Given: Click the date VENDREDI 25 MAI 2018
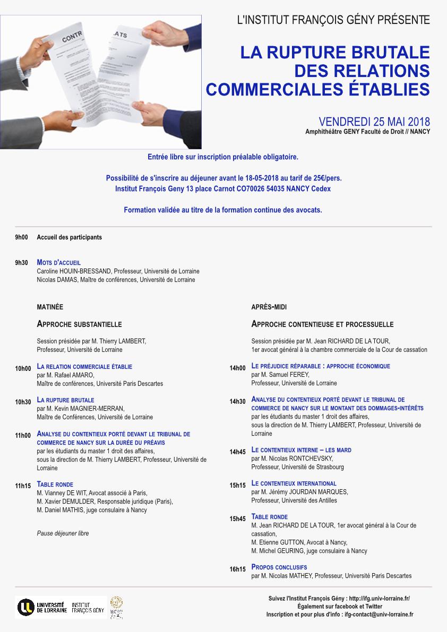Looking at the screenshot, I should pos(374,122).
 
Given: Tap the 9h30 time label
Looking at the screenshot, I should pos(21,263).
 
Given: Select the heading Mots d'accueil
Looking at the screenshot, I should pos(58,262).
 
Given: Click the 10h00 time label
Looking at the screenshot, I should pos(23,368).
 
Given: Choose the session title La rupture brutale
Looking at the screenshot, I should pos(65,400).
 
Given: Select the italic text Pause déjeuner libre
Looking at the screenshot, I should pos(63,533).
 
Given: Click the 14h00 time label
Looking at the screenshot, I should pos(237,368).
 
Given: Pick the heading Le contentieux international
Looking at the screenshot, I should pos(294,483).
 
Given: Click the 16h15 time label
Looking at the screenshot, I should pos(237,569).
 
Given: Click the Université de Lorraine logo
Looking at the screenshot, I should pos(42,607).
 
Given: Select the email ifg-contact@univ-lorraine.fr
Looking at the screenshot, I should pos(379,614).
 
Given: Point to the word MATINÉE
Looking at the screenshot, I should pos(50,307).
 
